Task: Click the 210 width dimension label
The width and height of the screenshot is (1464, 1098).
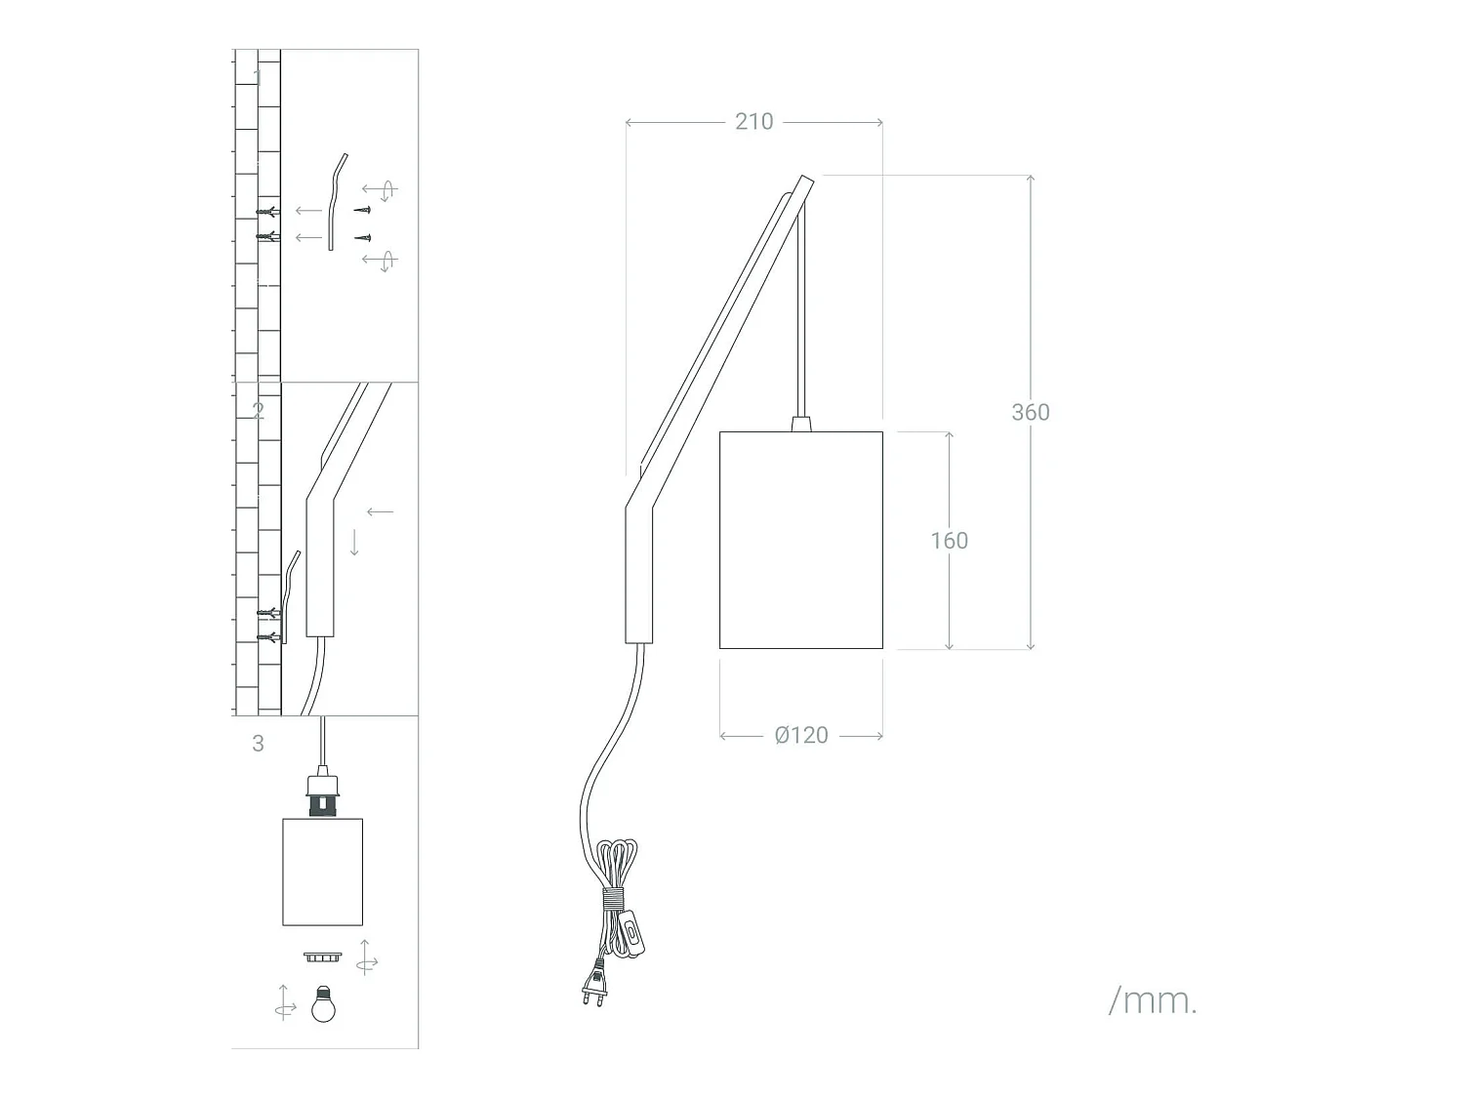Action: point(753,122)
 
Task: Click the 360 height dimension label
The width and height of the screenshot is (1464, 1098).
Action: point(1030,412)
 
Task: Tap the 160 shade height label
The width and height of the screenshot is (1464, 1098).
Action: point(949,541)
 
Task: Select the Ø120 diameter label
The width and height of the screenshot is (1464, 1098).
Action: point(801,735)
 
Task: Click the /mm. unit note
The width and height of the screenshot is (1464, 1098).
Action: point(1153,1001)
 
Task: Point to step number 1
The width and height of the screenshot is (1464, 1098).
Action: point(258,77)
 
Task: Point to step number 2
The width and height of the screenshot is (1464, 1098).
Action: point(258,411)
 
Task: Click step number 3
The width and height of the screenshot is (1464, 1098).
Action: point(258,744)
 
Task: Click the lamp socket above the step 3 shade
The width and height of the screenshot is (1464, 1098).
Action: point(321,793)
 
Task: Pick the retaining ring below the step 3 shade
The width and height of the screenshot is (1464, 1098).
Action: point(321,956)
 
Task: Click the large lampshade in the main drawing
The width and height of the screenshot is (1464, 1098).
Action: point(801,540)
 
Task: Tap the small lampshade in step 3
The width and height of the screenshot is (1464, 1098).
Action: point(322,872)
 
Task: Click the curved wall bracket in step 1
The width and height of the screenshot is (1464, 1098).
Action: point(336,201)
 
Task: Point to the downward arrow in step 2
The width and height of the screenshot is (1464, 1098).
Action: point(354,543)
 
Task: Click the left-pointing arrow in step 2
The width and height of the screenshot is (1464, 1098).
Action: point(380,511)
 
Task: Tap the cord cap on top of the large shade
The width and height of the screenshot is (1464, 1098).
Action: point(801,424)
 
